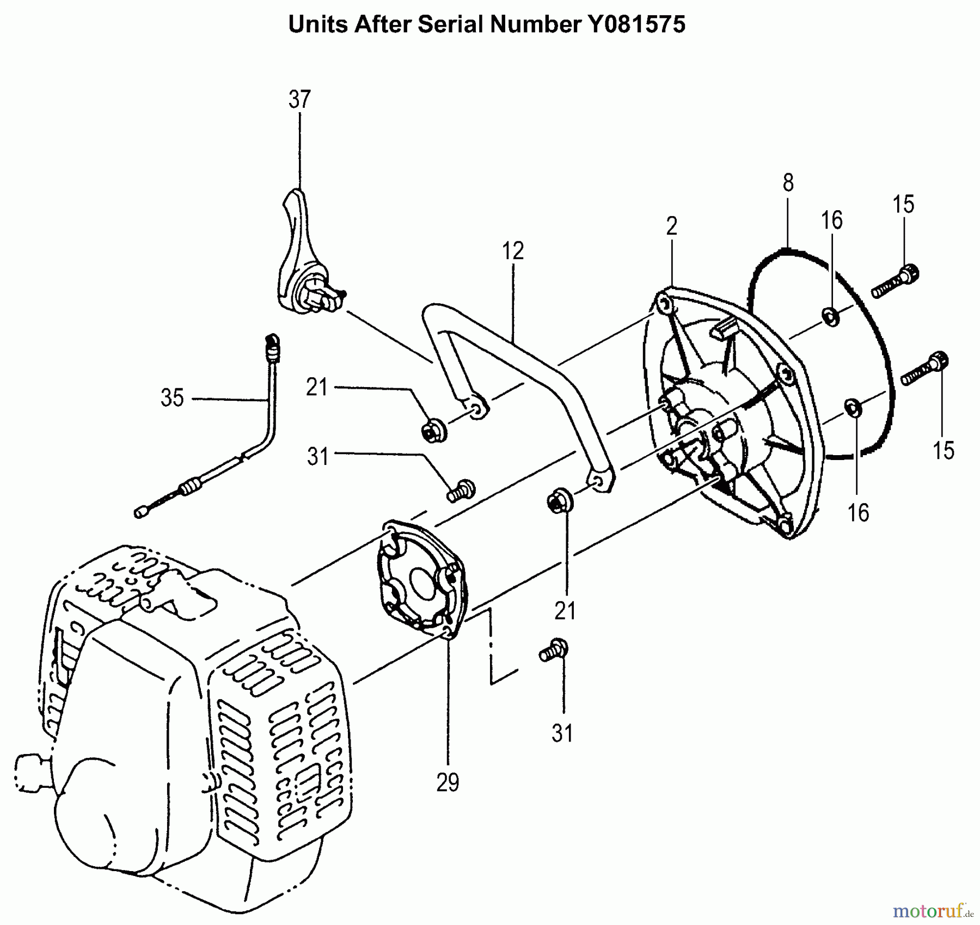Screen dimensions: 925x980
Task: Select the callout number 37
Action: point(299,100)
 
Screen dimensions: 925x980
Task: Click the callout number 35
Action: point(172,398)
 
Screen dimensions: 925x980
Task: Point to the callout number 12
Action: point(512,251)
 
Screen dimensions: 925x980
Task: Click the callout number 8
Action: point(788,183)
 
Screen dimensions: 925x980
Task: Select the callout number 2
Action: point(672,226)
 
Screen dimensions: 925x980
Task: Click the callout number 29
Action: point(448,782)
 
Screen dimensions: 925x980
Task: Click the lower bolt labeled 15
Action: point(925,370)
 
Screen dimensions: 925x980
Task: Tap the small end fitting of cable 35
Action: point(140,512)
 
